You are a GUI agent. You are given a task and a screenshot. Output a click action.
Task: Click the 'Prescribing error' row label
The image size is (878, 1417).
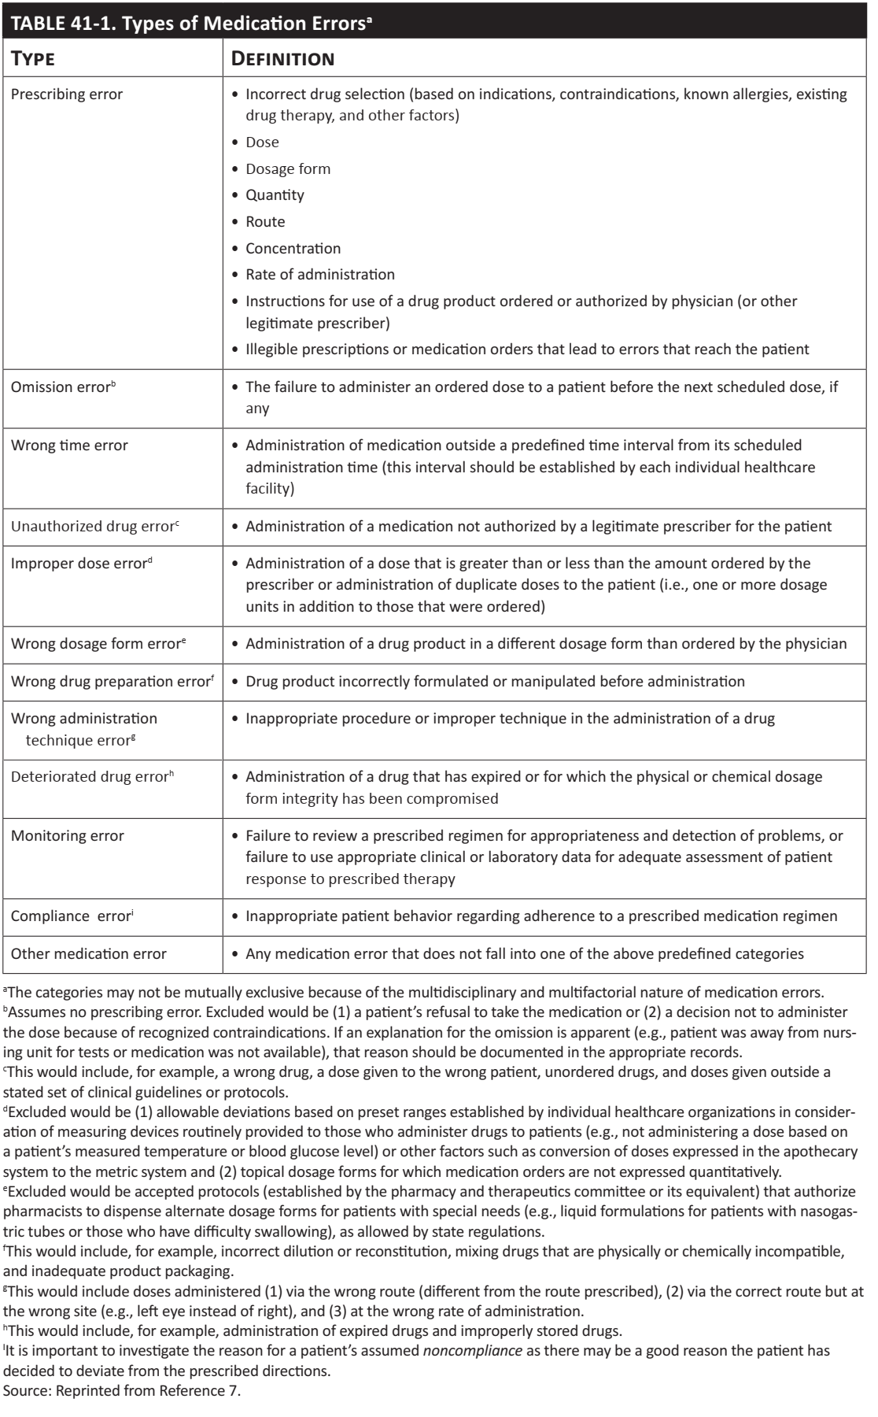click(67, 94)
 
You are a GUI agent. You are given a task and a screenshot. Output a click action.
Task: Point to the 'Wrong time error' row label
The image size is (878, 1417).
click(69, 446)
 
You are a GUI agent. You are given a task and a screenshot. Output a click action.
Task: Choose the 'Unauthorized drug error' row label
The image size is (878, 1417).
click(94, 526)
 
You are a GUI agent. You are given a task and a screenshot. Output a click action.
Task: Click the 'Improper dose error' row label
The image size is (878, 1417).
click(81, 564)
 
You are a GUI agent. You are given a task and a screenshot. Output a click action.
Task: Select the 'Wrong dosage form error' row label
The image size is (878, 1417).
click(98, 643)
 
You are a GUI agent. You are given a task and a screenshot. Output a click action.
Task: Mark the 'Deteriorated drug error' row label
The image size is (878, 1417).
click(91, 777)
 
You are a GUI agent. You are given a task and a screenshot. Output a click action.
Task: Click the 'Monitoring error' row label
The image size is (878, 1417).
click(68, 836)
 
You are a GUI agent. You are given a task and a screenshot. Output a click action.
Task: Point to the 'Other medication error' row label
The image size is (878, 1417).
click(89, 954)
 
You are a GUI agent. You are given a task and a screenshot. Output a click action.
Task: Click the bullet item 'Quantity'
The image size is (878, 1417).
click(275, 195)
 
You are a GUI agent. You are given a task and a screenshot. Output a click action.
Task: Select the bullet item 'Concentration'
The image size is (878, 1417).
click(293, 249)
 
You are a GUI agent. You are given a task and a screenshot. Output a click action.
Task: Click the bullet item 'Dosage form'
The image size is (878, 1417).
click(288, 168)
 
